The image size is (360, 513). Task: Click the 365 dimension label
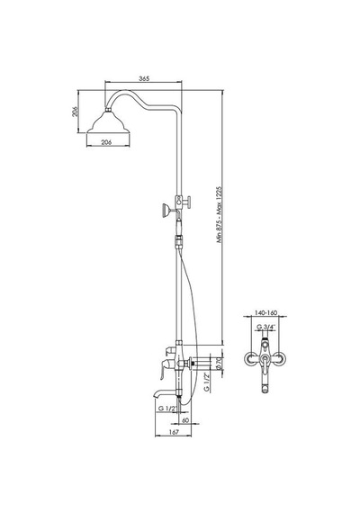click(144, 78)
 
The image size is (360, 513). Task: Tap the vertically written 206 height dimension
click(75, 112)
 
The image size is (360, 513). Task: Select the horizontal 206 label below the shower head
click(107, 142)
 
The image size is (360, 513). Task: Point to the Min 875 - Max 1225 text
click(220, 214)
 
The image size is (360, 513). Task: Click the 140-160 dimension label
click(266, 312)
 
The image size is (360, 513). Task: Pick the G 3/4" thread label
click(265, 327)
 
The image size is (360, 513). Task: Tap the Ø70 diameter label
click(220, 364)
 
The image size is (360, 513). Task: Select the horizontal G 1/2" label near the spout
click(167, 409)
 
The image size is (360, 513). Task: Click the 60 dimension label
click(185, 420)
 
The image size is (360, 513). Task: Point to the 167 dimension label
click(175, 432)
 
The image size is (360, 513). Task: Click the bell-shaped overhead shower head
click(108, 123)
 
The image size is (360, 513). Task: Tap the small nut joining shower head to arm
click(108, 109)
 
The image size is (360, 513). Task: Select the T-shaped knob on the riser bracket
click(187, 202)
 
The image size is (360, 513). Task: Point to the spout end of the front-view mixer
click(265, 390)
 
